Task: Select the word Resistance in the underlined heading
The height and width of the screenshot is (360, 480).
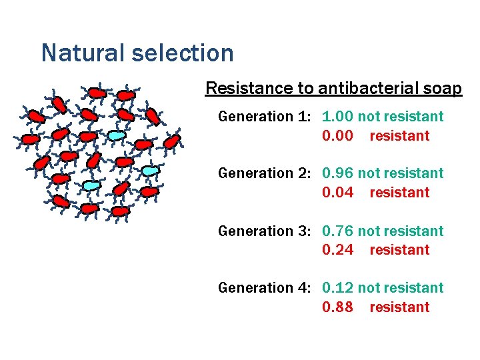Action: pos(239,89)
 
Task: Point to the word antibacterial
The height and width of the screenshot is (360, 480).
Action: pos(371,89)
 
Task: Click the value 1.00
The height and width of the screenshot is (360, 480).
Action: pos(337,117)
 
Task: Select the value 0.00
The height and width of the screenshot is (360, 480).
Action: pos(337,136)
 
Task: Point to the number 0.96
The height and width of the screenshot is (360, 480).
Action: pos(337,173)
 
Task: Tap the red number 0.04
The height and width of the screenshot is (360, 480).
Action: pos(337,193)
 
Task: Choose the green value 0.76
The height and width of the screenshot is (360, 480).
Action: pos(337,231)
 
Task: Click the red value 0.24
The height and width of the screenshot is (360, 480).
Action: pos(337,250)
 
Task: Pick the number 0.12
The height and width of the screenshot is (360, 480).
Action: pos(337,288)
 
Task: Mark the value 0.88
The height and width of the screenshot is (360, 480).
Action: pos(337,307)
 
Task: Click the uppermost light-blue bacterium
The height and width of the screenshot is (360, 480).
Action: pos(116,135)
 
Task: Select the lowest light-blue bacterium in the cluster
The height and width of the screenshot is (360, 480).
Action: pos(91,185)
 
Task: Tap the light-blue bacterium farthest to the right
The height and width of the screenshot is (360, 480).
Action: pos(151,171)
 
